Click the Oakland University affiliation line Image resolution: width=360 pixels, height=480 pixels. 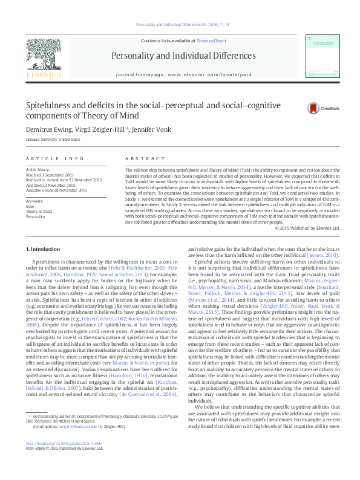click(48, 139)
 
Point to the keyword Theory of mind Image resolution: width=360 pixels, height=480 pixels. click(39, 211)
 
